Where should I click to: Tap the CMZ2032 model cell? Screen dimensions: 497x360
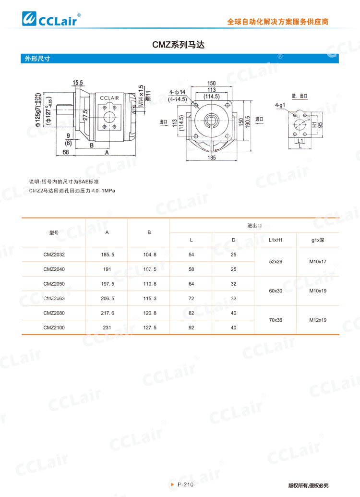coord(54,255)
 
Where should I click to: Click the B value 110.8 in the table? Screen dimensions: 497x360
coord(149,284)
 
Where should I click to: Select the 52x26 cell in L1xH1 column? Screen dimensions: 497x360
coord(275,262)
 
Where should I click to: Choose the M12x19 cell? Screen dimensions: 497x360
coord(318,320)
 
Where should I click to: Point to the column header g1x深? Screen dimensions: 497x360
coord(318,240)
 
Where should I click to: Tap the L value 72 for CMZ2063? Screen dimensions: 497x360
coord(191,298)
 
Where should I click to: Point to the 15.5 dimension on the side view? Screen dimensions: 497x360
coord(78,83)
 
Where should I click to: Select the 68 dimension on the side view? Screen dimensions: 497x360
coord(65,152)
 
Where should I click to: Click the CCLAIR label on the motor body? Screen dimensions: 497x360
coord(112,98)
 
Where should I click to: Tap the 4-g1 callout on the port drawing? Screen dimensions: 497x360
coord(280,104)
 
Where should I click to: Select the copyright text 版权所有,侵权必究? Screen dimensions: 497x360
coord(308,485)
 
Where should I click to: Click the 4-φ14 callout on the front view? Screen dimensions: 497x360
coord(177,92)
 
